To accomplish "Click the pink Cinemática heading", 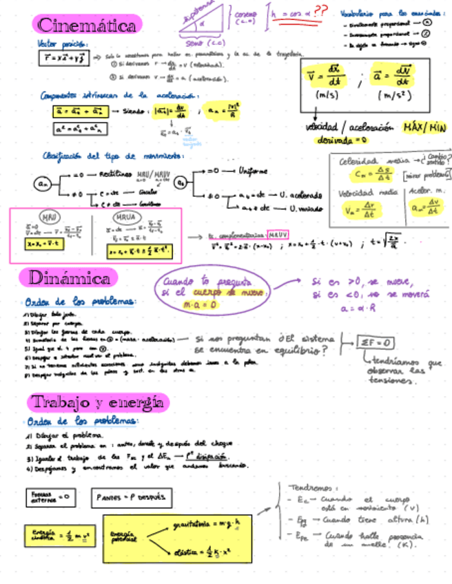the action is coord(87,25).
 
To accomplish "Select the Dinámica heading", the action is coord(69,278).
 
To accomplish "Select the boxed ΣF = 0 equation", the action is coord(377,342).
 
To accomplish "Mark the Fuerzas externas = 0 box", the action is coord(50,496).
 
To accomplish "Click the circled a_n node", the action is coord(43,184).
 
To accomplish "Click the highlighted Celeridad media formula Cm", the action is coord(362,174).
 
